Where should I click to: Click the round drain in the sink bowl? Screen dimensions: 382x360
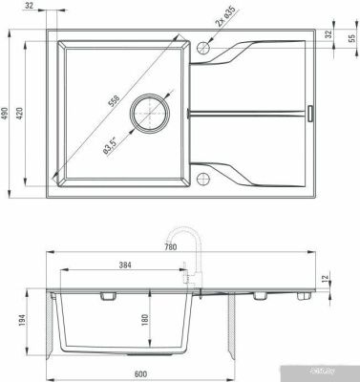pyautogui.click(x=152, y=112)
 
